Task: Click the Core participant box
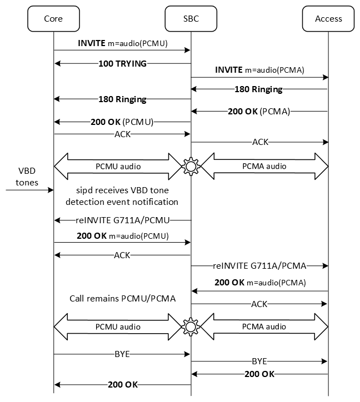[53, 18]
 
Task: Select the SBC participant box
[191, 18]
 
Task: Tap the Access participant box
[328, 18]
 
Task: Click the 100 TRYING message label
[122, 64]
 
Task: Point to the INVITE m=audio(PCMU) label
[122, 43]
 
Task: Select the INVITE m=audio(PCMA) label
[260, 71]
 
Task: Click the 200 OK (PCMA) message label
[260, 111]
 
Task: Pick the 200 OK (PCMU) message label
[122, 121]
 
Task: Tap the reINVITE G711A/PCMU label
[122, 220]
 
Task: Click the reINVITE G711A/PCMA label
[260, 265]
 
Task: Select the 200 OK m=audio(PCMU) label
[122, 235]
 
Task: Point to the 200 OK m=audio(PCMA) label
[260, 283]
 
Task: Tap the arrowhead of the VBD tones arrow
[51, 190]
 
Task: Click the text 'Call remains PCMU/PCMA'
[122, 299]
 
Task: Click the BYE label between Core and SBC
[122, 353]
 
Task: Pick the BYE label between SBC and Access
[260, 360]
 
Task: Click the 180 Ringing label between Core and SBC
[122, 99]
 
